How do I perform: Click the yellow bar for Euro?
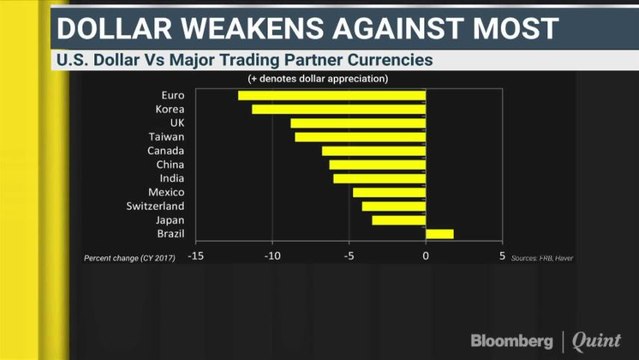click(332, 96)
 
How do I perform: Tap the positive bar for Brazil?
click(439, 234)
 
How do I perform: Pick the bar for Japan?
click(399, 220)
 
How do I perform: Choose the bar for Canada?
click(374, 151)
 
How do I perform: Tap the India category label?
click(171, 178)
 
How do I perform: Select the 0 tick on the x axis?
click(426, 257)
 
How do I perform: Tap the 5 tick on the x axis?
click(502, 257)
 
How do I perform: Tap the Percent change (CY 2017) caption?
click(130, 258)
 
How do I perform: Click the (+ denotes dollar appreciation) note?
click(318, 79)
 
